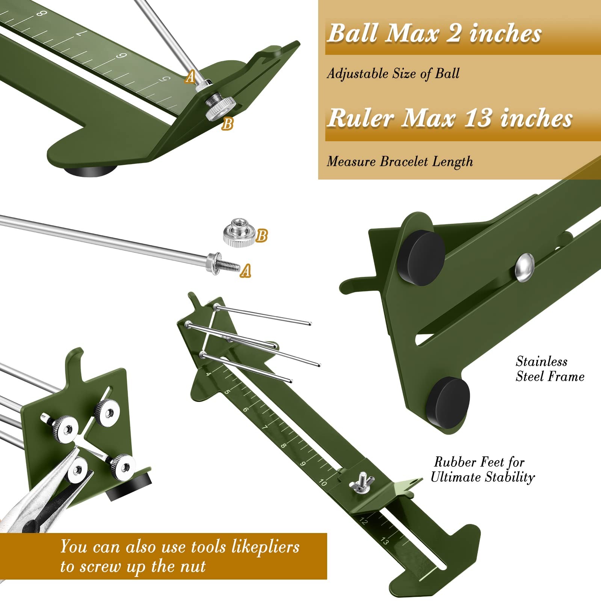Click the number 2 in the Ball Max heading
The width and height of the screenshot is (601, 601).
click(454, 33)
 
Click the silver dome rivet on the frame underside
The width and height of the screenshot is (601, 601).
click(524, 267)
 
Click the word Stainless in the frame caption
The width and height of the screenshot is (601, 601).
click(541, 361)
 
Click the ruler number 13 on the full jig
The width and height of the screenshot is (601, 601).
click(385, 541)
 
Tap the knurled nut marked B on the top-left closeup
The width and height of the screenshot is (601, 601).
click(220, 107)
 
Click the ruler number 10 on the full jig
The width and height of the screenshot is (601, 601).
click(323, 482)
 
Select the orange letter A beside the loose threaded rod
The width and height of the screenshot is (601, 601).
click(246, 270)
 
